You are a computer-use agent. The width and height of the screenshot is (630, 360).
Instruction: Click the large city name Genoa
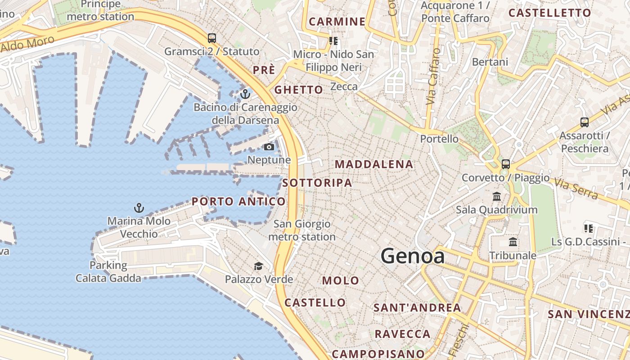click(413, 256)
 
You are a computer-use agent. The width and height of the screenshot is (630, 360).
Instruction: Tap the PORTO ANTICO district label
click(238, 202)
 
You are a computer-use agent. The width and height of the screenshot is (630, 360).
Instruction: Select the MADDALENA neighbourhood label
click(374, 164)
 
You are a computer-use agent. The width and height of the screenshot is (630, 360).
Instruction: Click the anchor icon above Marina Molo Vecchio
click(139, 208)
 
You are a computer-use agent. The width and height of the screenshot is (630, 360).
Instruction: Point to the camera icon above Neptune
click(269, 147)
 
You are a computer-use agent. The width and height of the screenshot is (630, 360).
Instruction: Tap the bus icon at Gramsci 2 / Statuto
click(212, 38)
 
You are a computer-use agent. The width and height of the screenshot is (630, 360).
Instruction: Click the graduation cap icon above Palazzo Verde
click(258, 266)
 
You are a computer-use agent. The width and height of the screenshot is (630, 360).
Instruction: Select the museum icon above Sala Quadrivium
click(497, 197)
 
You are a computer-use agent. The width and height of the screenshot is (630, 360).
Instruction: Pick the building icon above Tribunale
click(513, 242)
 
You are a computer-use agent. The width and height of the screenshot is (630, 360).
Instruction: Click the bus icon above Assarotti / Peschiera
click(585, 122)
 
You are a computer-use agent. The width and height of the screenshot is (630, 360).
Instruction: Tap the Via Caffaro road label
click(433, 76)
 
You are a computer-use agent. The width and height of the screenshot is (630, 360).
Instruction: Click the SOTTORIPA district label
click(317, 183)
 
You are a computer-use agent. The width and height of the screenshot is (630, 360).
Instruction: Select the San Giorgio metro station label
click(302, 230)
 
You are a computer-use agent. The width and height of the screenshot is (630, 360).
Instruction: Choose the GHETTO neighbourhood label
click(299, 90)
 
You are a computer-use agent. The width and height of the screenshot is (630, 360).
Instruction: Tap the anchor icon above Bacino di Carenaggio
click(245, 94)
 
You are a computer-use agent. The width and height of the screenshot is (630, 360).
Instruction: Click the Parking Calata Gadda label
click(108, 272)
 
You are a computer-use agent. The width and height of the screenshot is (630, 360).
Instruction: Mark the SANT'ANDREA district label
click(417, 308)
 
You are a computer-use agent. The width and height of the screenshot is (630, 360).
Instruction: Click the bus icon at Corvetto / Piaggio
click(506, 164)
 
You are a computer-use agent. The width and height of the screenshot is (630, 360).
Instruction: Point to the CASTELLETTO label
click(549, 13)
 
